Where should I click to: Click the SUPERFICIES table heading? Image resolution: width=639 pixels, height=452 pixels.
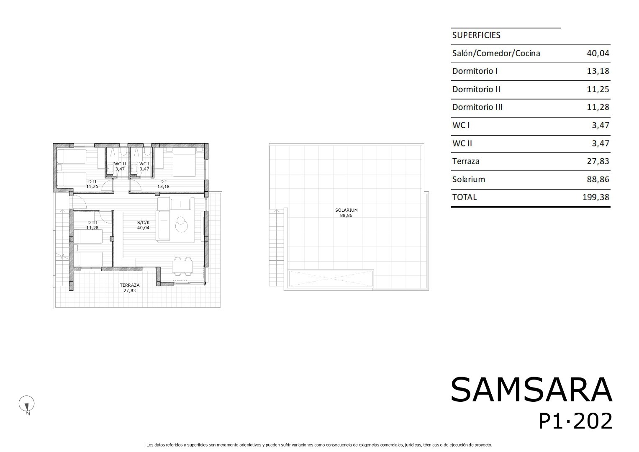pos(476,35)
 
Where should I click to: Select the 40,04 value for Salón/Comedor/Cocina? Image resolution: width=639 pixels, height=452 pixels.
pos(598,54)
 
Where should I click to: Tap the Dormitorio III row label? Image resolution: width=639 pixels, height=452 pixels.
pos(477,107)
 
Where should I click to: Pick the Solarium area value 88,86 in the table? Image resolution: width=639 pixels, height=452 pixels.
pos(598,180)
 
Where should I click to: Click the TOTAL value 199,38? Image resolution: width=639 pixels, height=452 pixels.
pos(595,197)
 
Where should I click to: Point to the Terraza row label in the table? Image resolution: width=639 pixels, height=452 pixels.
pos(466,162)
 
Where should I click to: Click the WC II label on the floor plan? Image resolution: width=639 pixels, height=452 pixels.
pos(120,164)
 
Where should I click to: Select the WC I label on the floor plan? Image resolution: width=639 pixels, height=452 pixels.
pos(144,164)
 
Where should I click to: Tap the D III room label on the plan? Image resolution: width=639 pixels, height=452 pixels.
pos(92,223)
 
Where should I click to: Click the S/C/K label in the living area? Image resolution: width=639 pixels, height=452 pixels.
pos(143,223)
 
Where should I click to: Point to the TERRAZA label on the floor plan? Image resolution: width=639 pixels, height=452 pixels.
pos(129,285)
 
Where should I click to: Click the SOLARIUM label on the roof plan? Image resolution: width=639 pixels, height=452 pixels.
pos(346,210)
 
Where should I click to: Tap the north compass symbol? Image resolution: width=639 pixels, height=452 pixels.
pos(26,404)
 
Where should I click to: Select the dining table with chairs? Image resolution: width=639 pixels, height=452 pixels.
pos(182,267)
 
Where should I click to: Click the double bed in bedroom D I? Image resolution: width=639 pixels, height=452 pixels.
pos(184,162)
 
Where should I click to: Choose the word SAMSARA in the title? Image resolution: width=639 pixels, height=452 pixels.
pos(531,390)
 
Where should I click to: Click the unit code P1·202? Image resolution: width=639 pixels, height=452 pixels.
pos(575,421)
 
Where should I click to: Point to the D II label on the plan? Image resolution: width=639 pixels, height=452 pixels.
pos(92,182)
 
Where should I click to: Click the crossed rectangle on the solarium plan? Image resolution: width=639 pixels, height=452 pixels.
pos(331,278)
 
